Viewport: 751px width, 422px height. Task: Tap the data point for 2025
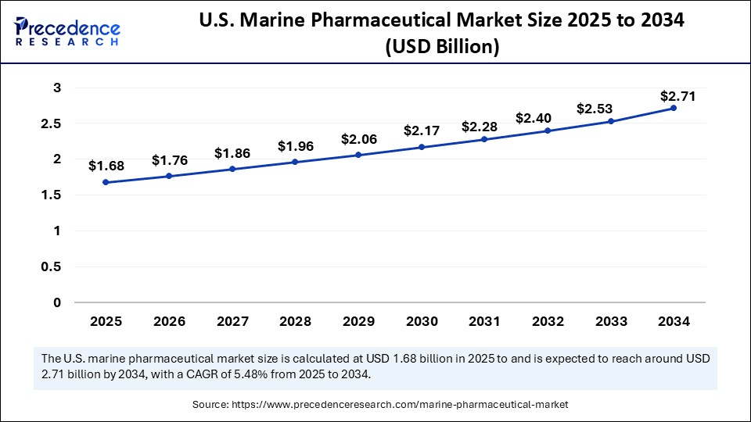coord(106,182)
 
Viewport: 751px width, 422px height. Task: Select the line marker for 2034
coord(674,108)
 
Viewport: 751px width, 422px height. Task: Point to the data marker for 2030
coord(421,147)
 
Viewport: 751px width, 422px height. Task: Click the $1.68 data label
coord(106,166)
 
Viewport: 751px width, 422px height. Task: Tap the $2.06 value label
coord(358,139)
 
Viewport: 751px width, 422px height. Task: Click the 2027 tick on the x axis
coord(232,321)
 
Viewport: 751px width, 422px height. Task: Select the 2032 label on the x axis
coord(548,321)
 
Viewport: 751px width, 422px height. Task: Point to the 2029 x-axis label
coord(358,321)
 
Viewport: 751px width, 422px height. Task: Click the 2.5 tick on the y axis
coord(52,123)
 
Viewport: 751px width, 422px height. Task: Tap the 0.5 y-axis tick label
coord(52,266)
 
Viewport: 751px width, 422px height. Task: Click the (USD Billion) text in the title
coord(442,47)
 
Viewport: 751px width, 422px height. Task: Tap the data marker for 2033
coord(610,121)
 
